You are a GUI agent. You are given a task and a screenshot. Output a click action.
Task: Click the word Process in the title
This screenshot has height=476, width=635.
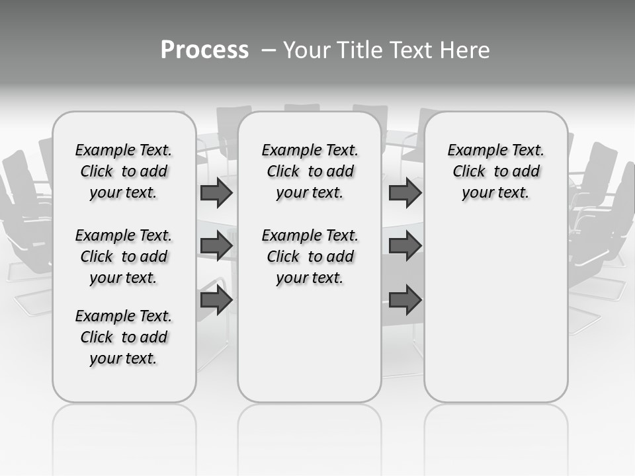tap(204, 50)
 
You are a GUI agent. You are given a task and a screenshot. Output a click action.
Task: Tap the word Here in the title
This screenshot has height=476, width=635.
tap(464, 50)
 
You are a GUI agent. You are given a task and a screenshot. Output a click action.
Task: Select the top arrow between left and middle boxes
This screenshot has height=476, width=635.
tap(216, 192)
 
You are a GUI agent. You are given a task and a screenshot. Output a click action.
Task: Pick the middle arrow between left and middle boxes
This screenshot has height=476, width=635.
tap(216, 246)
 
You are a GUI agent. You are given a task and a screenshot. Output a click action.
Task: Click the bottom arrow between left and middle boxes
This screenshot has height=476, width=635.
tap(216, 300)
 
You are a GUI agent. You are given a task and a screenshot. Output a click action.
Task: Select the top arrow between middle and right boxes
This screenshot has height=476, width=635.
tap(405, 192)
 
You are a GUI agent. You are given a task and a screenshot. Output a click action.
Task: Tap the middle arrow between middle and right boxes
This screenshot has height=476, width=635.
tap(405, 246)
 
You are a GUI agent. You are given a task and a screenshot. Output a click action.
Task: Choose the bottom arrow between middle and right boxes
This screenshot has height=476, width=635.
tap(405, 300)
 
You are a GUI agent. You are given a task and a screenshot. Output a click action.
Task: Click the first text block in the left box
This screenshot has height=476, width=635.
tap(124, 171)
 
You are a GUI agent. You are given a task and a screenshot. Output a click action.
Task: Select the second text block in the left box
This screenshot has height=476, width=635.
tap(124, 257)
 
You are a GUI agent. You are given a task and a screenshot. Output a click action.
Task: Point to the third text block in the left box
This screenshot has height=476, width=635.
tap(124, 337)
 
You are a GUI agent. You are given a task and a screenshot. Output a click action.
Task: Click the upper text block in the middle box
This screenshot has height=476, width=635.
tap(310, 171)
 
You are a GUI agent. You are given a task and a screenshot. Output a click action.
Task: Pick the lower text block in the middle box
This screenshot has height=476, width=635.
tap(310, 257)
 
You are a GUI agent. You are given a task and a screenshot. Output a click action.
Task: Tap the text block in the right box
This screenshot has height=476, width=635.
tap(495, 171)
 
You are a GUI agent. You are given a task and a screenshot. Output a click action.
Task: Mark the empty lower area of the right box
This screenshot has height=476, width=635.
tap(495, 311)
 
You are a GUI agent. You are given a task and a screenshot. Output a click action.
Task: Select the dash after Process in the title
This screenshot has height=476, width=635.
tap(268, 50)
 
